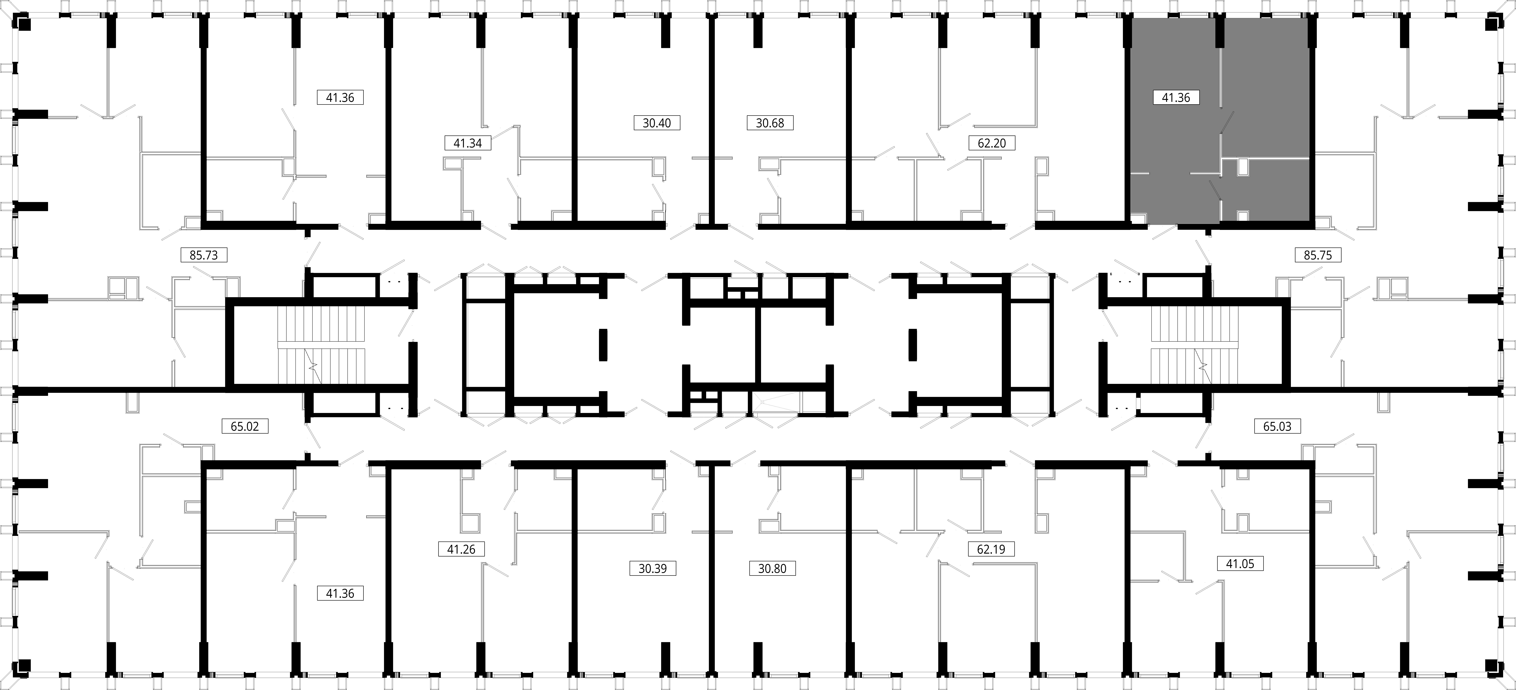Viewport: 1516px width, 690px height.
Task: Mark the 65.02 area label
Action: [x=245, y=426]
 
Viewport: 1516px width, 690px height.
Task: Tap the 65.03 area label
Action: [x=1277, y=426]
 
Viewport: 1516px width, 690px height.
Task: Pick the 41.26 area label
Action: [x=461, y=549]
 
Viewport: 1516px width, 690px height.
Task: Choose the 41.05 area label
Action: [x=1240, y=563]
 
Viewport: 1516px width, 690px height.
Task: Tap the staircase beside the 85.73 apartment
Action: [x=321, y=344]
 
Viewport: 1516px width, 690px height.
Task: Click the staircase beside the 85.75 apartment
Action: [x=1195, y=344]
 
